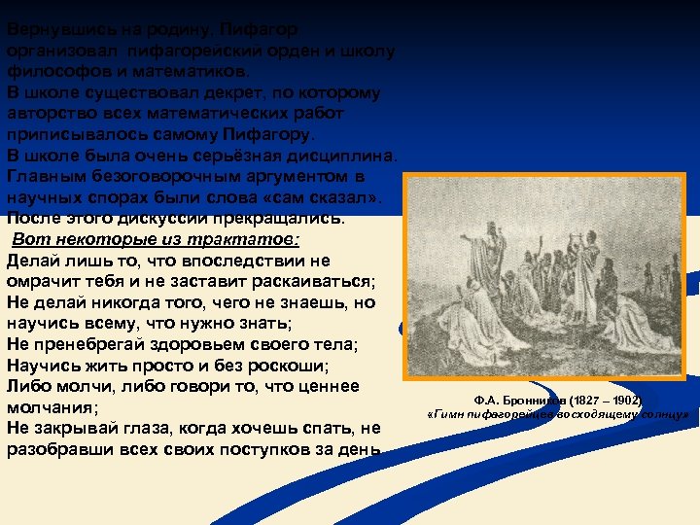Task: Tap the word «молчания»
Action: pos(49,408)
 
